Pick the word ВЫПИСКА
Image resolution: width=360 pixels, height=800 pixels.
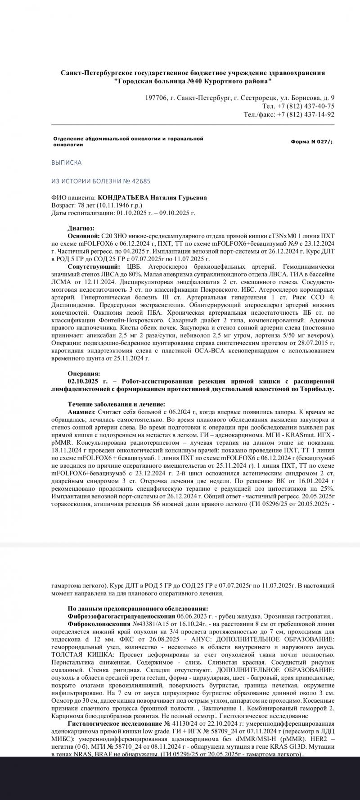click(66, 163)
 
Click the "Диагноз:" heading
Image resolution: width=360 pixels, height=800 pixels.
click(81, 228)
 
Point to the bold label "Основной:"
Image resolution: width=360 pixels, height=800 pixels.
click(83, 236)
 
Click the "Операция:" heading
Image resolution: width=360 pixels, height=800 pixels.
click(84, 373)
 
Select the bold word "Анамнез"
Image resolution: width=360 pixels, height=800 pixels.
click(81, 412)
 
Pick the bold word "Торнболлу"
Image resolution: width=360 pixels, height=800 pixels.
click(318, 389)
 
